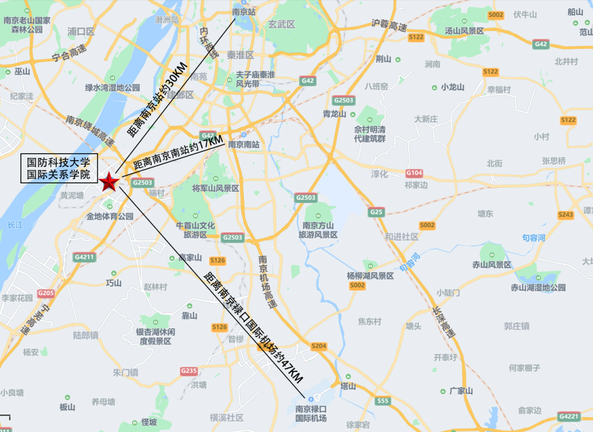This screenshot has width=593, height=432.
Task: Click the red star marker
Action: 109,182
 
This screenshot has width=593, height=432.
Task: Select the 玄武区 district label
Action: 282,25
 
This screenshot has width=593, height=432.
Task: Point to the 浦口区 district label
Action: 81,32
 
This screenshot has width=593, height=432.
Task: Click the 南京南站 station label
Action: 243,145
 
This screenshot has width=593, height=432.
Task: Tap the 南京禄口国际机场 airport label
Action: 311,414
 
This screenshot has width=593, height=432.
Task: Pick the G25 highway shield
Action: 376,211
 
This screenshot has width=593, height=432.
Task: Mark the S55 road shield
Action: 383,401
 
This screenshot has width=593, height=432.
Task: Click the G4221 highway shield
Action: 568,417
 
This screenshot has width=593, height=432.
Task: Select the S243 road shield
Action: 566,215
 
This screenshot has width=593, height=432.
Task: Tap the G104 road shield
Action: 415,172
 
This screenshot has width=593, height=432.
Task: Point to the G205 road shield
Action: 46,293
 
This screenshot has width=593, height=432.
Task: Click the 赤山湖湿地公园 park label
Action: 538,288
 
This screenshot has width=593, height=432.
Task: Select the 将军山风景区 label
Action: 216,188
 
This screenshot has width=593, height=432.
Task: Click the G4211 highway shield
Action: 84,256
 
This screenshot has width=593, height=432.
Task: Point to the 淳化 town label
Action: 379,174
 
